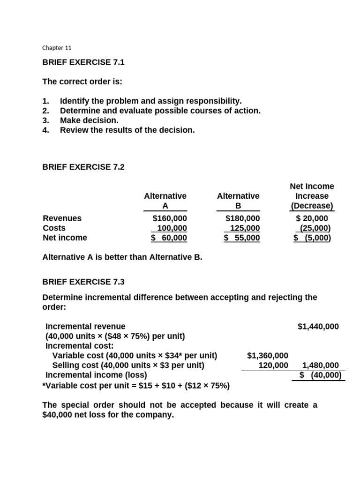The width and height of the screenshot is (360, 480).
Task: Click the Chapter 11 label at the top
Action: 57,48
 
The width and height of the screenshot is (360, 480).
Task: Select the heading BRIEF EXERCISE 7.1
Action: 83,62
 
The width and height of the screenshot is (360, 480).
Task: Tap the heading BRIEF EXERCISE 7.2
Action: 83,166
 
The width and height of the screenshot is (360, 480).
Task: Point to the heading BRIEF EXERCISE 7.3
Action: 83,282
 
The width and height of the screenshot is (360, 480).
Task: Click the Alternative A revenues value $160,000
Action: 170,218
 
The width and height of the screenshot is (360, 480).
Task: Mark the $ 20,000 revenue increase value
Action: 312,218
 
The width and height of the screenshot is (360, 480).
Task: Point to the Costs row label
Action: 54,228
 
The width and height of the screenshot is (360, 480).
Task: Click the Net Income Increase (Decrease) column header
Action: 312,196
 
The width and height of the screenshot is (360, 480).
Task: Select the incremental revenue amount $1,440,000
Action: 318,326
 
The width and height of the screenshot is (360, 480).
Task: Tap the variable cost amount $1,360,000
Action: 268,356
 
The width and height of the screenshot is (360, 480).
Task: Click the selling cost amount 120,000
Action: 273,366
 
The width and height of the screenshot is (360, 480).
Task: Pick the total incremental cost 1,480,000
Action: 321,366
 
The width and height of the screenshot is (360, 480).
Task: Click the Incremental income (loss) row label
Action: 96,375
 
